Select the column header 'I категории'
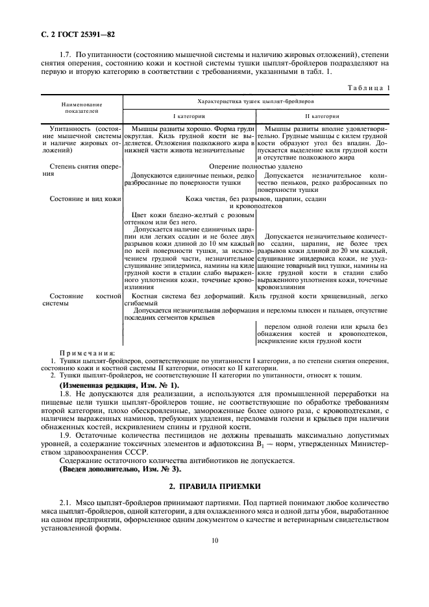pos(189,116)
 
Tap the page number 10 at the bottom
pos(215,547)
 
